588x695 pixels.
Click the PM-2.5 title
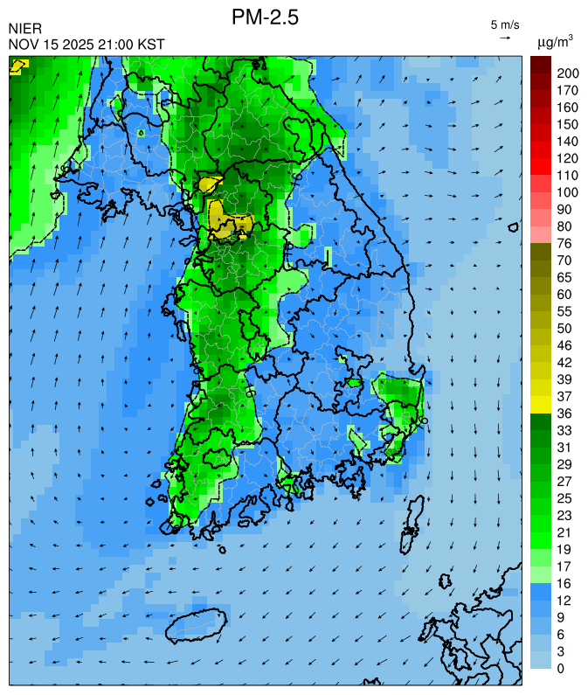266,17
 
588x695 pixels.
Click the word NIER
24,29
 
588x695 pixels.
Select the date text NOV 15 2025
52,44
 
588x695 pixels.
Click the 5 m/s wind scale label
505,24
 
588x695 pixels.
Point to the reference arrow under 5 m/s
505,38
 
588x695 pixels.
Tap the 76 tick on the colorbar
564,243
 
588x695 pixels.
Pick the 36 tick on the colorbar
564,414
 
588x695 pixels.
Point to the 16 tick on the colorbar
564,583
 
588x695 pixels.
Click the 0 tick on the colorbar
561,669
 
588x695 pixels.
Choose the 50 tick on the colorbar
564,328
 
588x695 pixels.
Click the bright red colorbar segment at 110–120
540,166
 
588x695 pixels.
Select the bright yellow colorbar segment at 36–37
540,405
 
